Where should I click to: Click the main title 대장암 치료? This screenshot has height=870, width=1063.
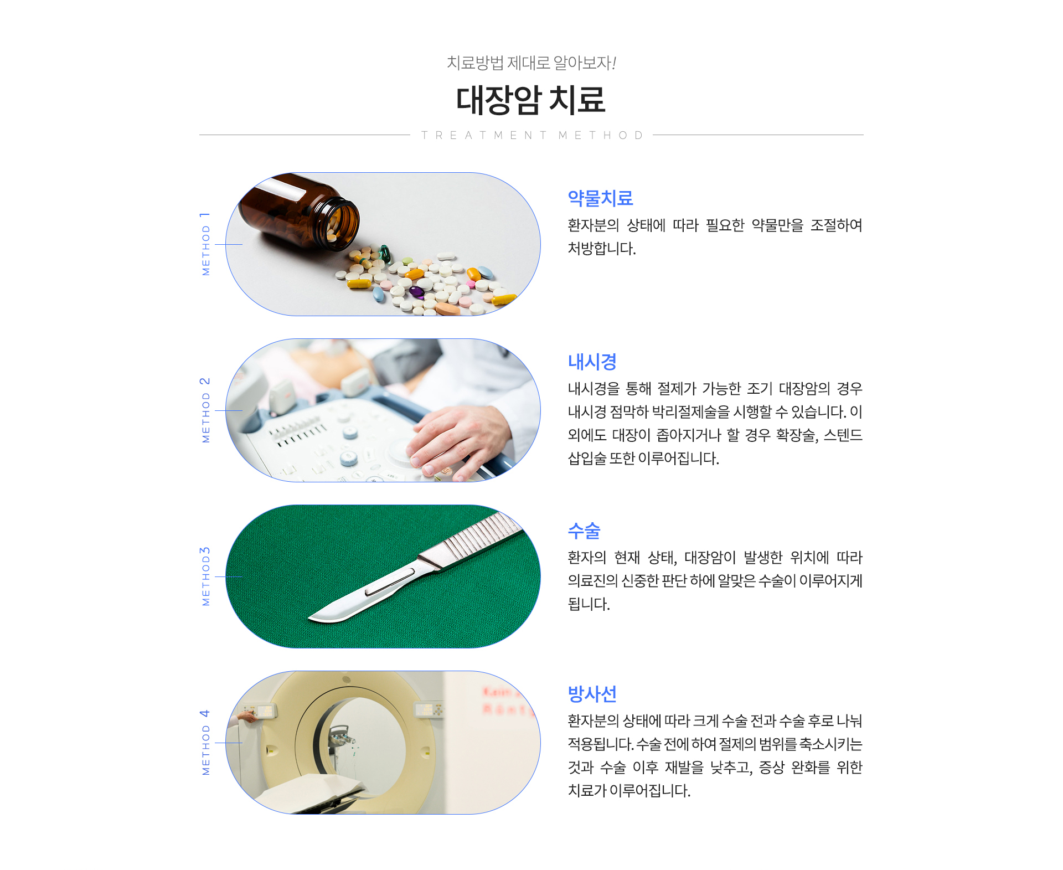530,100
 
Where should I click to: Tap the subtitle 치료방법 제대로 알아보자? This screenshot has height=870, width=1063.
531,63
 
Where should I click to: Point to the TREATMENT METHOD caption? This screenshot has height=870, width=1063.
531,135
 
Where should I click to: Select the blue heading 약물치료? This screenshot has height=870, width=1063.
600,198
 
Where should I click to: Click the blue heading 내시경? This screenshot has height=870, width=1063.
592,362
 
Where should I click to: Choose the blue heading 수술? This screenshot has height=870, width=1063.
584,531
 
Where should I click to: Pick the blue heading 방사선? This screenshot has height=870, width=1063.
592,694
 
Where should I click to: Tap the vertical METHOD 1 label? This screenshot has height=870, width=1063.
205,244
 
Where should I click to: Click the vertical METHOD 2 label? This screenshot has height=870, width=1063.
205,410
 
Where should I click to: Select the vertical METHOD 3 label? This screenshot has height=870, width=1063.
205,576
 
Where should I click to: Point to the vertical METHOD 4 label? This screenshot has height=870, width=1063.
205,742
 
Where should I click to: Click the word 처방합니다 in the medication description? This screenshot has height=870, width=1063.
602,249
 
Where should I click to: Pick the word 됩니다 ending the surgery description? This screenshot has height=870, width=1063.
589,604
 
